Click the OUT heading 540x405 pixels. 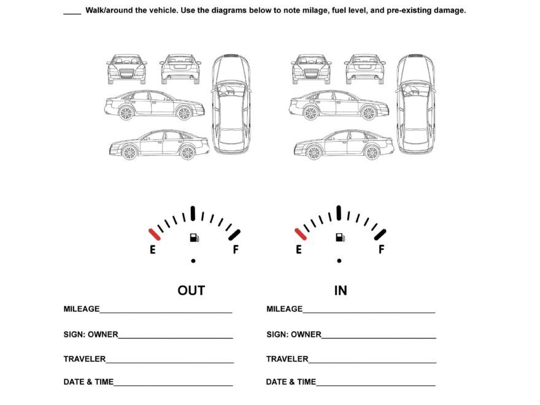coord(191,290)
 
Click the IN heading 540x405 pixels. coord(341,290)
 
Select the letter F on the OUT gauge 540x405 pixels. coord(235,250)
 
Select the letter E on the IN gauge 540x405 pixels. coord(299,250)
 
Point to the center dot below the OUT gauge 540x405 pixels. coord(193,261)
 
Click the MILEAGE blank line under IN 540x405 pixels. coord(369,312)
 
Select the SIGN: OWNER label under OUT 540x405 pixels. coord(91,334)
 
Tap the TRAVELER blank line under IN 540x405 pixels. coord(372,361)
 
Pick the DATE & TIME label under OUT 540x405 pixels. coord(88,382)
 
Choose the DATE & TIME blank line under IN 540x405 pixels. coord(376,385)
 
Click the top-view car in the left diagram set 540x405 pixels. coord(231,104)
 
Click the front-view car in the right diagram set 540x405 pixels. coord(311,69)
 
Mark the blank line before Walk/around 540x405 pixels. coord(72,13)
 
